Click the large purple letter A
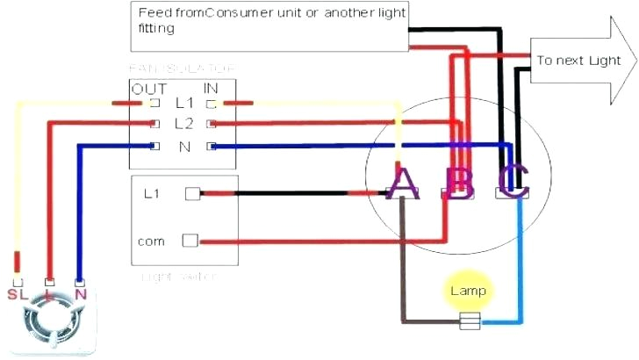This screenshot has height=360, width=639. [401, 182]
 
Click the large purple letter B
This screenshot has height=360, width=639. [459, 182]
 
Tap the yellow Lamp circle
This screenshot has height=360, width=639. [468, 291]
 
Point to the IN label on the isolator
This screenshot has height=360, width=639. [211, 89]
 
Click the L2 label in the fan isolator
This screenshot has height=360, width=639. [183, 125]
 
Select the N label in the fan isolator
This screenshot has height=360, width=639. [183, 147]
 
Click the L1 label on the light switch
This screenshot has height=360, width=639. [150, 193]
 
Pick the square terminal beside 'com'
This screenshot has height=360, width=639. [190, 240]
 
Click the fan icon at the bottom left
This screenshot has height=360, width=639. [49, 323]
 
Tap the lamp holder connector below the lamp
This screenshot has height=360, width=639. [469, 322]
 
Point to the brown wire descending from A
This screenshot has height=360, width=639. [402, 263]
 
